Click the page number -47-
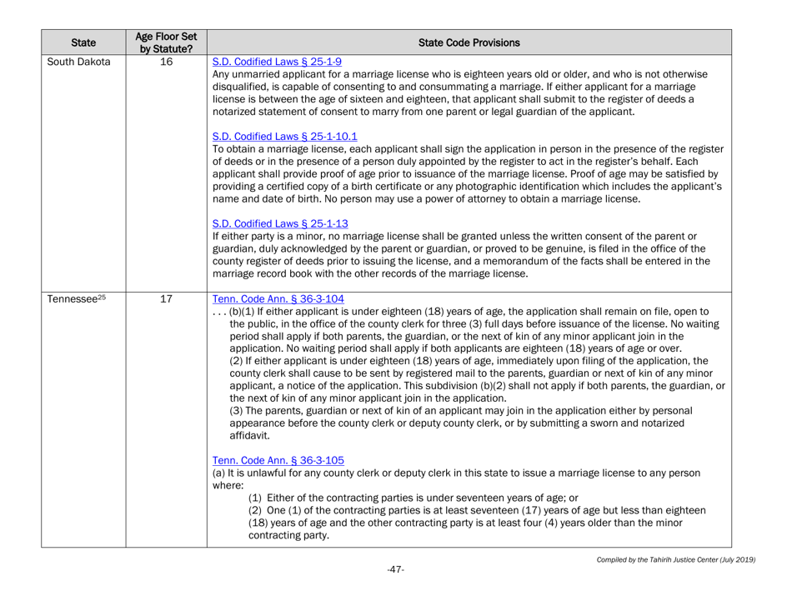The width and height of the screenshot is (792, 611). pos(395,593)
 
